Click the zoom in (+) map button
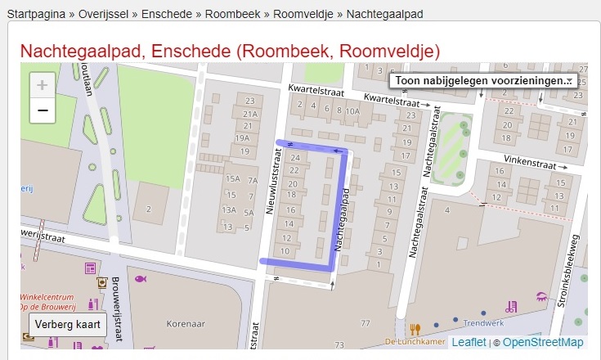[x=43, y=85]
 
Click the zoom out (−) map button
[x=43, y=110]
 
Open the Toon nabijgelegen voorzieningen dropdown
[x=483, y=81]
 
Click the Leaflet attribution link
[x=469, y=342]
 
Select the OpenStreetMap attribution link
[x=543, y=342]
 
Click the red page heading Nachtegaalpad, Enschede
[x=230, y=51]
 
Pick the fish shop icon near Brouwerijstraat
[x=141, y=279]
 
